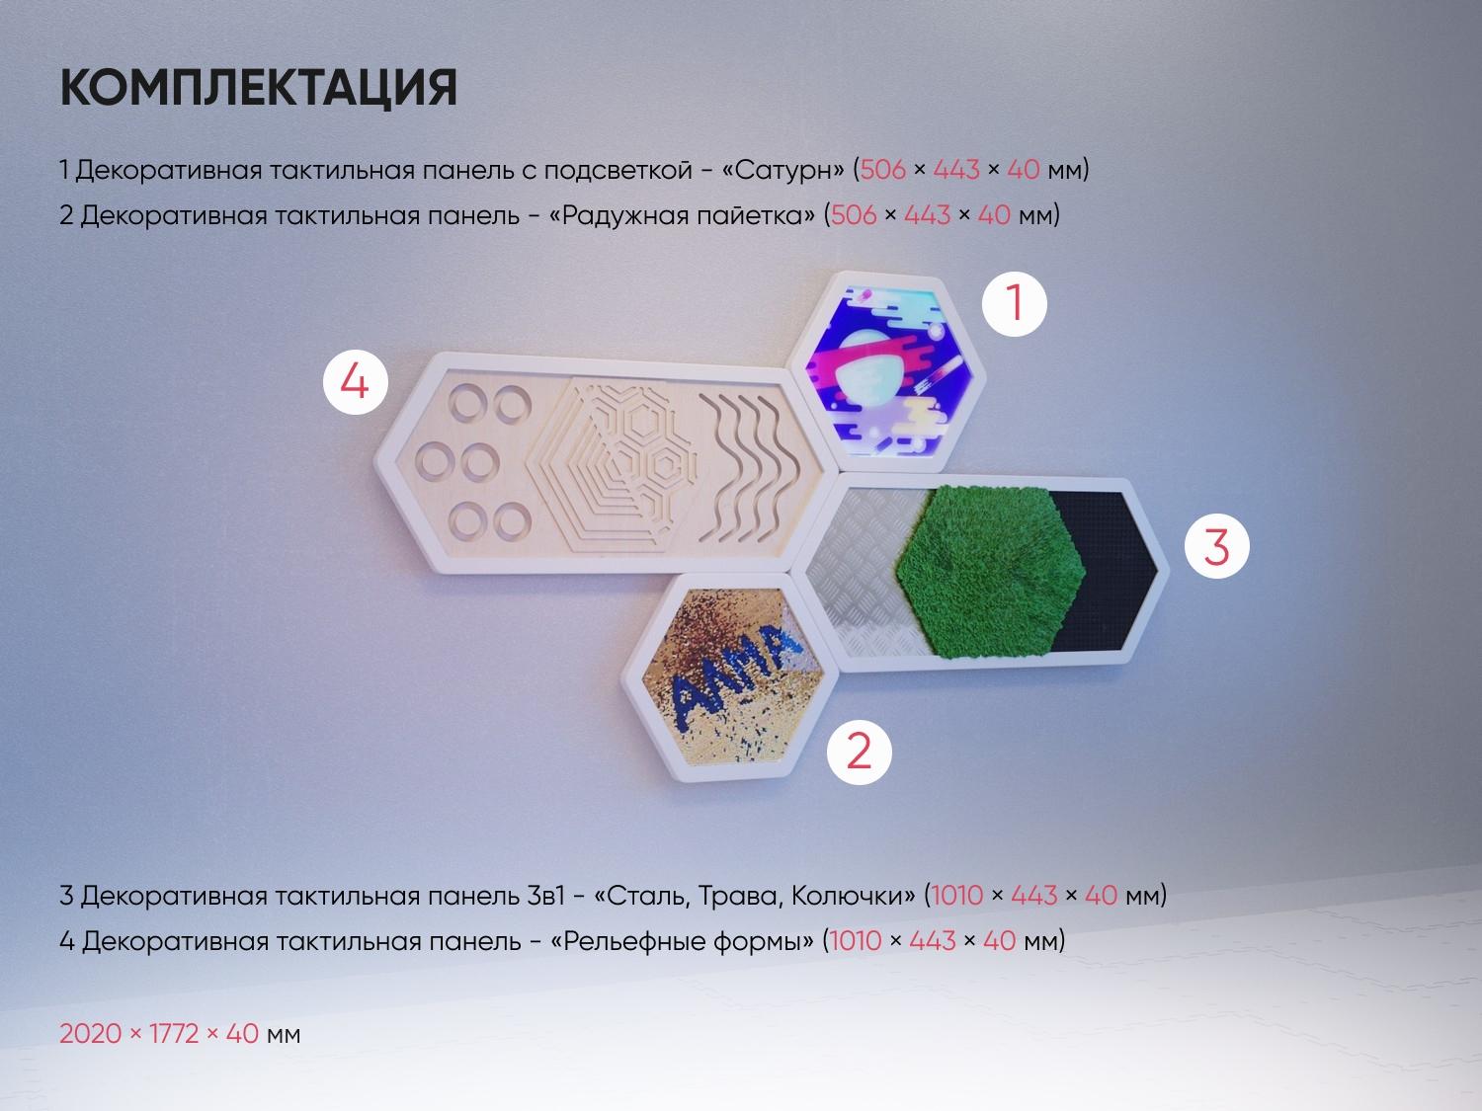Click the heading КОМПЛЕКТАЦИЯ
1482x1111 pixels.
259,88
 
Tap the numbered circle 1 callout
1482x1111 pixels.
1014,303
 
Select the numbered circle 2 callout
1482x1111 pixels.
859,753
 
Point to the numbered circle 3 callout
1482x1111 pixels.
1216,546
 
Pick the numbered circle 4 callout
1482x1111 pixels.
355,382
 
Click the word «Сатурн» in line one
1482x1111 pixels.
782,170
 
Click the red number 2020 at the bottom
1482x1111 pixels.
91,1033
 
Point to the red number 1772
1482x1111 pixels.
174,1033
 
